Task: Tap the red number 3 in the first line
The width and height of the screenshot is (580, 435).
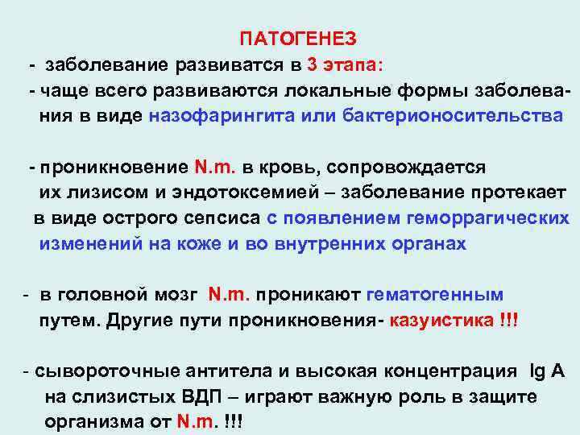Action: coord(312,64)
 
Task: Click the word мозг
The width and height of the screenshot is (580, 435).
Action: coord(175,295)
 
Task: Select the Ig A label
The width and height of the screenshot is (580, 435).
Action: coord(547,371)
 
